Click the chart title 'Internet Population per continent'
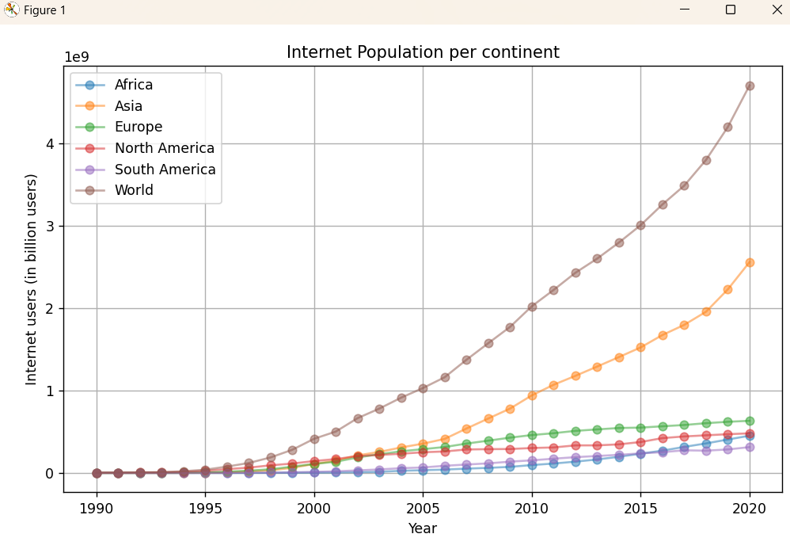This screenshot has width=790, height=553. (423, 52)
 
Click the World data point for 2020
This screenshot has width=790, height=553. (750, 86)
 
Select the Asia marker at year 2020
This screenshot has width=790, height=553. (750, 262)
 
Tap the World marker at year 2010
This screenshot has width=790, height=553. (532, 307)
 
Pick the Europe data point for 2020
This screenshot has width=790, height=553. (750, 421)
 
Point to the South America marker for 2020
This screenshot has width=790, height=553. (750, 447)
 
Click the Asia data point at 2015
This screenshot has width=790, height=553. (640, 347)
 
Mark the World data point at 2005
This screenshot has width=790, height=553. (423, 388)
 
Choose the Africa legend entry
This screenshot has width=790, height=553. (133, 85)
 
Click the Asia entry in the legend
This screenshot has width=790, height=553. (128, 106)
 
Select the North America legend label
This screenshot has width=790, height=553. (164, 148)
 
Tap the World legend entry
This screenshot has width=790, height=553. (134, 190)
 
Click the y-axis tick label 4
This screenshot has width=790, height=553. (50, 143)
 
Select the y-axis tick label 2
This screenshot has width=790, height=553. (50, 308)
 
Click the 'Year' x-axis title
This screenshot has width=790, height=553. (423, 528)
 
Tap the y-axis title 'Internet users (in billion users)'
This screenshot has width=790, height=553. (32, 279)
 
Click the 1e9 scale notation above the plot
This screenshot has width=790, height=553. (77, 57)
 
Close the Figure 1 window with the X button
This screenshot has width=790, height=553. (777, 10)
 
